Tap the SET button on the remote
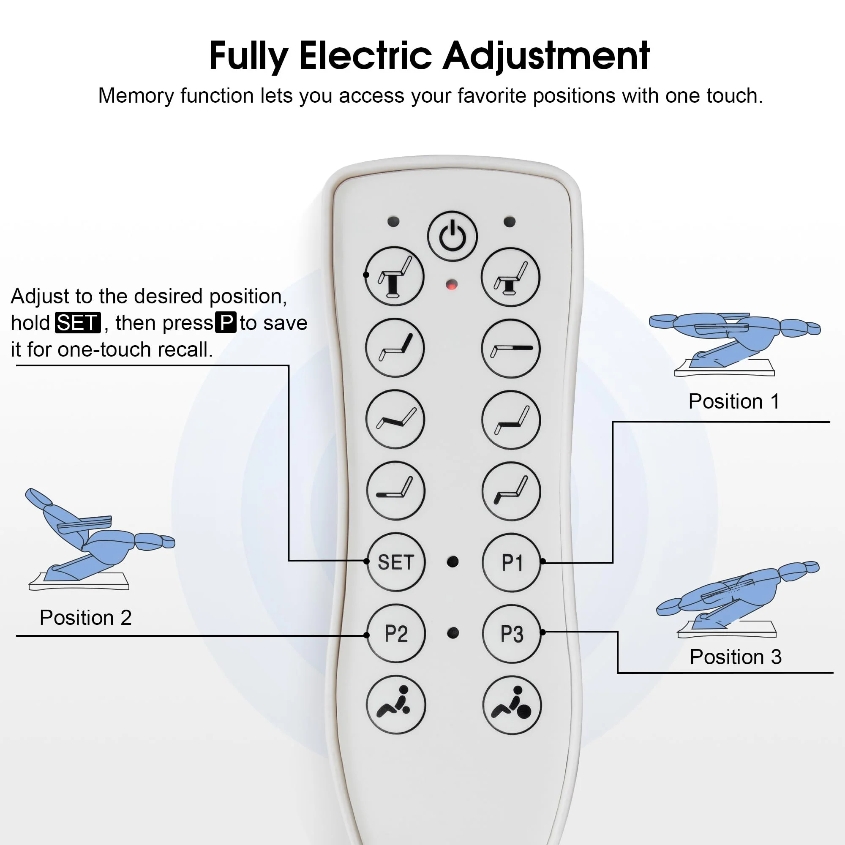pos(396,562)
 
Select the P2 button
pos(396,633)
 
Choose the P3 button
pos(512,634)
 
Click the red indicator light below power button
pos(452,285)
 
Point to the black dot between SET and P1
pos(452,562)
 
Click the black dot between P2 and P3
pos(453,633)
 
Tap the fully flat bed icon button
pos(511,349)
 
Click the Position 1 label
pos(734,401)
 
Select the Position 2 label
pos(86,618)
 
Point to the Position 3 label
pos(736,657)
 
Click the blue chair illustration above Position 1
pos(735,344)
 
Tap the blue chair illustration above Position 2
pos(100,539)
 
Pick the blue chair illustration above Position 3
pos(737,599)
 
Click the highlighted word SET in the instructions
pos(78,323)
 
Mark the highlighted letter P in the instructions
pos(226,322)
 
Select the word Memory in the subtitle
pos(136,96)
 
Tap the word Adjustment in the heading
pos(546,56)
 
